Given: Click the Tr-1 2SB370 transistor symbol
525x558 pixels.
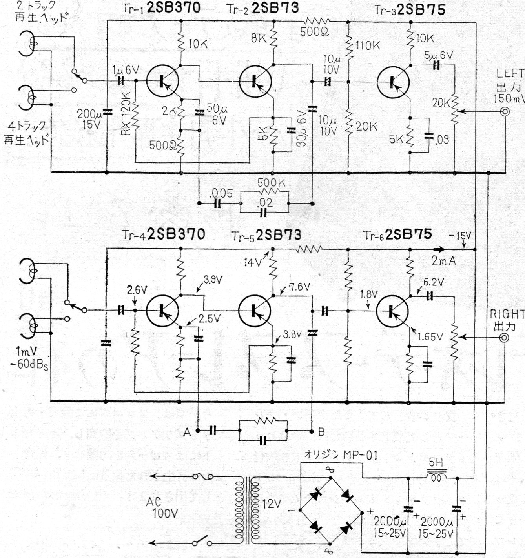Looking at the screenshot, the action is (x=162, y=81).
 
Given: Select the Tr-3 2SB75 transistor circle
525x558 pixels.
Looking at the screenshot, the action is (x=393, y=82).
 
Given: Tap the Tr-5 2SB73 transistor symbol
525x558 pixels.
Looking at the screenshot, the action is (x=255, y=311).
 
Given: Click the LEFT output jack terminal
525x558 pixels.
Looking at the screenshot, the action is (x=505, y=112).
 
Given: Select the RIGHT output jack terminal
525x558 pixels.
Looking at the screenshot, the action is (x=504, y=338).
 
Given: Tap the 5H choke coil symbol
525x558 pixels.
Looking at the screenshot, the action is (x=436, y=475).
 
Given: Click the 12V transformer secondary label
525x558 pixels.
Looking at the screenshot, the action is (x=272, y=504).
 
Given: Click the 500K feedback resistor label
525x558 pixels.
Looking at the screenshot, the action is (x=271, y=183).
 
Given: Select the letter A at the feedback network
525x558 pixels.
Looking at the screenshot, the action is (x=187, y=432).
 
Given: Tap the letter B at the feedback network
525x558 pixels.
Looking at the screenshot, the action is (x=321, y=432).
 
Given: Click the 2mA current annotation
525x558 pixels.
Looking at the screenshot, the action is (x=444, y=261).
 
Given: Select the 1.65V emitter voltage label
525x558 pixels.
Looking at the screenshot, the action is (x=430, y=336).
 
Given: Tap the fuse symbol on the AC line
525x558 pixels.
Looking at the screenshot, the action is (x=203, y=476).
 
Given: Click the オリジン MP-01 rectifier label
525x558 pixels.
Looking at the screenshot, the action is (x=341, y=455).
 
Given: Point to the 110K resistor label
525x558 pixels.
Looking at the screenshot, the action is (x=368, y=45).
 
